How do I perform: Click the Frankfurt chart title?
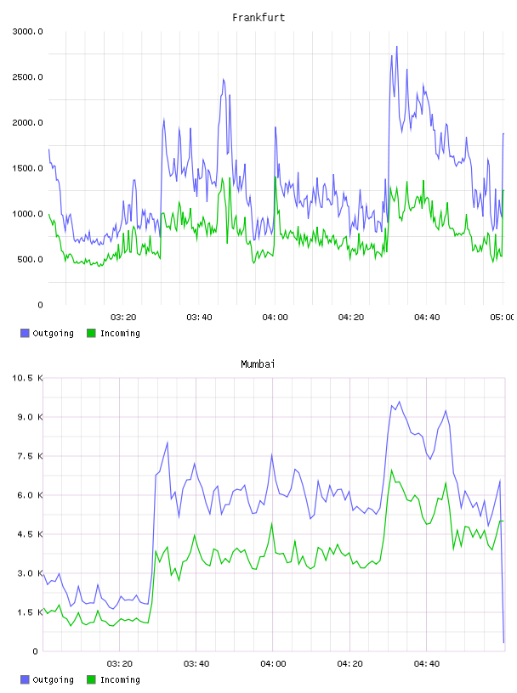click(258, 18)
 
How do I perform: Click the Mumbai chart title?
click(258, 364)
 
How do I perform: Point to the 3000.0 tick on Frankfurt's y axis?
click(27, 31)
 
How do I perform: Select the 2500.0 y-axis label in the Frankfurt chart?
click(27, 77)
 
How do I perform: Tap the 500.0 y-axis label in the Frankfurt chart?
click(30, 259)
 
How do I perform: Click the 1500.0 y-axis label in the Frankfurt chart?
click(27, 168)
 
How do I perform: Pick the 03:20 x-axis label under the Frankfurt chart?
click(123, 318)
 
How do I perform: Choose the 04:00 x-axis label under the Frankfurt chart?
click(275, 318)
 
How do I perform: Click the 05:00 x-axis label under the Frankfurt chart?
click(503, 318)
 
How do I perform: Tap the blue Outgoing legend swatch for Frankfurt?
click(25, 333)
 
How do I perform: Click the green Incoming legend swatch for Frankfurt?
click(91, 333)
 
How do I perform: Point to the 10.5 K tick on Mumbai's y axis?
click(27, 378)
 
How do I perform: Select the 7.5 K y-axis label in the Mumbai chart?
click(30, 456)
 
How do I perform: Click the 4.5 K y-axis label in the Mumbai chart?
click(30, 534)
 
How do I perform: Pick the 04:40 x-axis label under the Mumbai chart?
click(427, 664)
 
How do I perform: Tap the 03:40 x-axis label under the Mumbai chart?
click(196, 664)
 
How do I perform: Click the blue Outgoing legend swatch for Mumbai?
click(25, 679)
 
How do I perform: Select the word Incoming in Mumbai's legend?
click(120, 680)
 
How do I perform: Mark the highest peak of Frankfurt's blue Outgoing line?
click(396, 47)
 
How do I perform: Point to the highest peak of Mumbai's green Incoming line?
click(391, 470)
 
